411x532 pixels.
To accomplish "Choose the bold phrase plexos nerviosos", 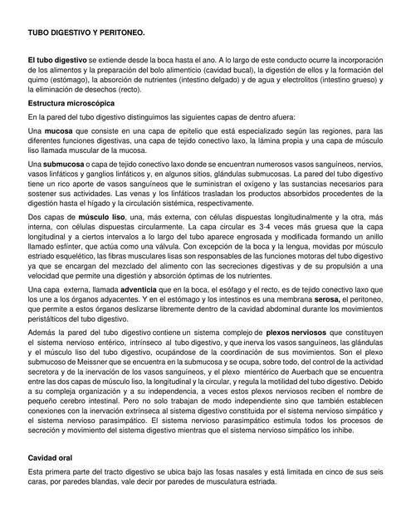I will (x=300, y=331).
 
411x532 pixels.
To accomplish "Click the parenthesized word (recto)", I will (x=135, y=90).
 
